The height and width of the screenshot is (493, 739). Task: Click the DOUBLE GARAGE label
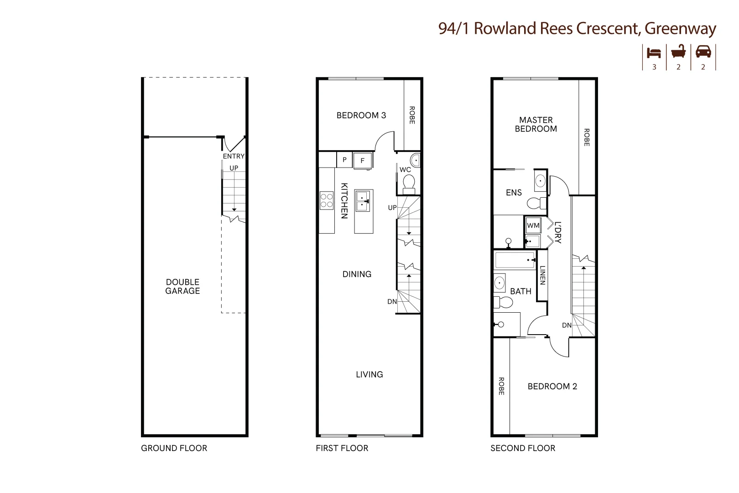(182, 286)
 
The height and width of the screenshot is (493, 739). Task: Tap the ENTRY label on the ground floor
(234, 156)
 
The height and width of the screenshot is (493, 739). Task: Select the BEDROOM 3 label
(361, 115)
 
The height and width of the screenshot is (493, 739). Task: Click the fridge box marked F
(363, 160)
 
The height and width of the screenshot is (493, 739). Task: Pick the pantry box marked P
(344, 160)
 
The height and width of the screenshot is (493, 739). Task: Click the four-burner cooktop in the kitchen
(327, 200)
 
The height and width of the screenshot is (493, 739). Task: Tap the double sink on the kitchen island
(363, 201)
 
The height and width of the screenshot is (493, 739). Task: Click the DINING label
(357, 274)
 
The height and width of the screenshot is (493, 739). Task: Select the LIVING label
(369, 374)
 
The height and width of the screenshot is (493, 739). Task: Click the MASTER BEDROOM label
(536, 124)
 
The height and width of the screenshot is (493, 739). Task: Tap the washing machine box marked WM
(533, 225)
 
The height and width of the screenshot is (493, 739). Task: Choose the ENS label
(514, 193)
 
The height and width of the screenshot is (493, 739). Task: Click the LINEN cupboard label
(542, 275)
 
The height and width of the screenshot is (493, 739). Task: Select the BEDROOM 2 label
(552, 387)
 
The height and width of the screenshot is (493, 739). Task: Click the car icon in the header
(703, 52)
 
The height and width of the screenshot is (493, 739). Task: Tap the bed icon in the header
(654, 52)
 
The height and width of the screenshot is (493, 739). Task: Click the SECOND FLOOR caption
(523, 448)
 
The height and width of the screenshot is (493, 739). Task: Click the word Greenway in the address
(680, 28)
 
